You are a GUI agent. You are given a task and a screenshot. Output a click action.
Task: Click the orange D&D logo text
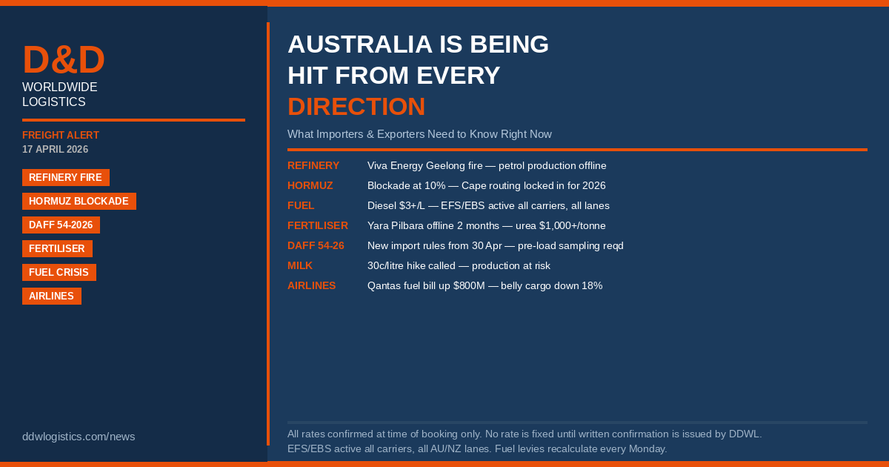(x=64, y=59)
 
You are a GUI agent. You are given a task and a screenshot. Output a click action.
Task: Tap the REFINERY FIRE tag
(x=66, y=177)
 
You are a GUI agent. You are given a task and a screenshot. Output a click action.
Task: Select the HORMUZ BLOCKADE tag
(x=79, y=202)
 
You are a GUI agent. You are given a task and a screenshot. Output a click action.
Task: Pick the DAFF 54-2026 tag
(x=61, y=225)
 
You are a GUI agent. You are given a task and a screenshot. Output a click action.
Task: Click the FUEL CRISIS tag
(x=59, y=273)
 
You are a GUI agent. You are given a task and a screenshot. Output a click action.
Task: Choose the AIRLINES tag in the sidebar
(x=52, y=297)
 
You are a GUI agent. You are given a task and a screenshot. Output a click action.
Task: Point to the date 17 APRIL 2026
(x=55, y=149)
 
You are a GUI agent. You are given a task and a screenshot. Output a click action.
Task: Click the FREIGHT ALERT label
(x=61, y=136)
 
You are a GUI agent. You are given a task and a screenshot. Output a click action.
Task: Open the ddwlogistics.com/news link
(x=79, y=437)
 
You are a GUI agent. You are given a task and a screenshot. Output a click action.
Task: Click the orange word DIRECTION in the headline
(x=356, y=107)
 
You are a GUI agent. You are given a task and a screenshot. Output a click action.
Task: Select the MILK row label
(x=300, y=265)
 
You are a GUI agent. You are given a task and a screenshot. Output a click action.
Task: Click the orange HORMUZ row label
(x=310, y=186)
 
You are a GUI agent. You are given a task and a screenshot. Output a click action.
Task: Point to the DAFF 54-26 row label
(x=316, y=246)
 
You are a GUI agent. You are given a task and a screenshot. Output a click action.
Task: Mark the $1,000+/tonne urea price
(x=572, y=226)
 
